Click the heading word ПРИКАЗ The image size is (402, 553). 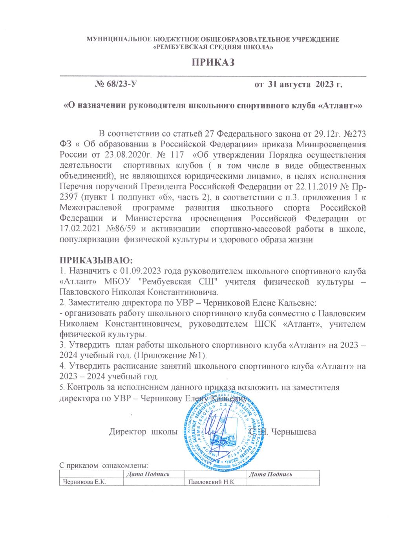[213, 62]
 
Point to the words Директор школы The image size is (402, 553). [143, 432]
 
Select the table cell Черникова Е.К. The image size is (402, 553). [83, 482]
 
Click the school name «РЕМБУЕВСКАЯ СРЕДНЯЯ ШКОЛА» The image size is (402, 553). [213, 47]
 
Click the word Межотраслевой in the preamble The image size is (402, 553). [91, 208]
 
